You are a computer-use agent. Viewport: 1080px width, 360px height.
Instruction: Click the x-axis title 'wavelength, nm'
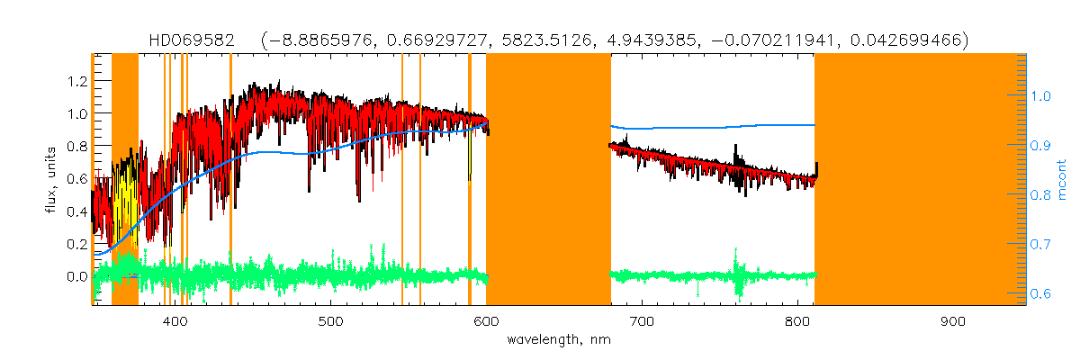pos(559,340)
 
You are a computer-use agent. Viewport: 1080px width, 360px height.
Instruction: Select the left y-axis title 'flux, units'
pos(52,179)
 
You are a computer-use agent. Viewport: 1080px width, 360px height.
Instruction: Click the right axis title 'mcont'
pos(1062,179)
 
